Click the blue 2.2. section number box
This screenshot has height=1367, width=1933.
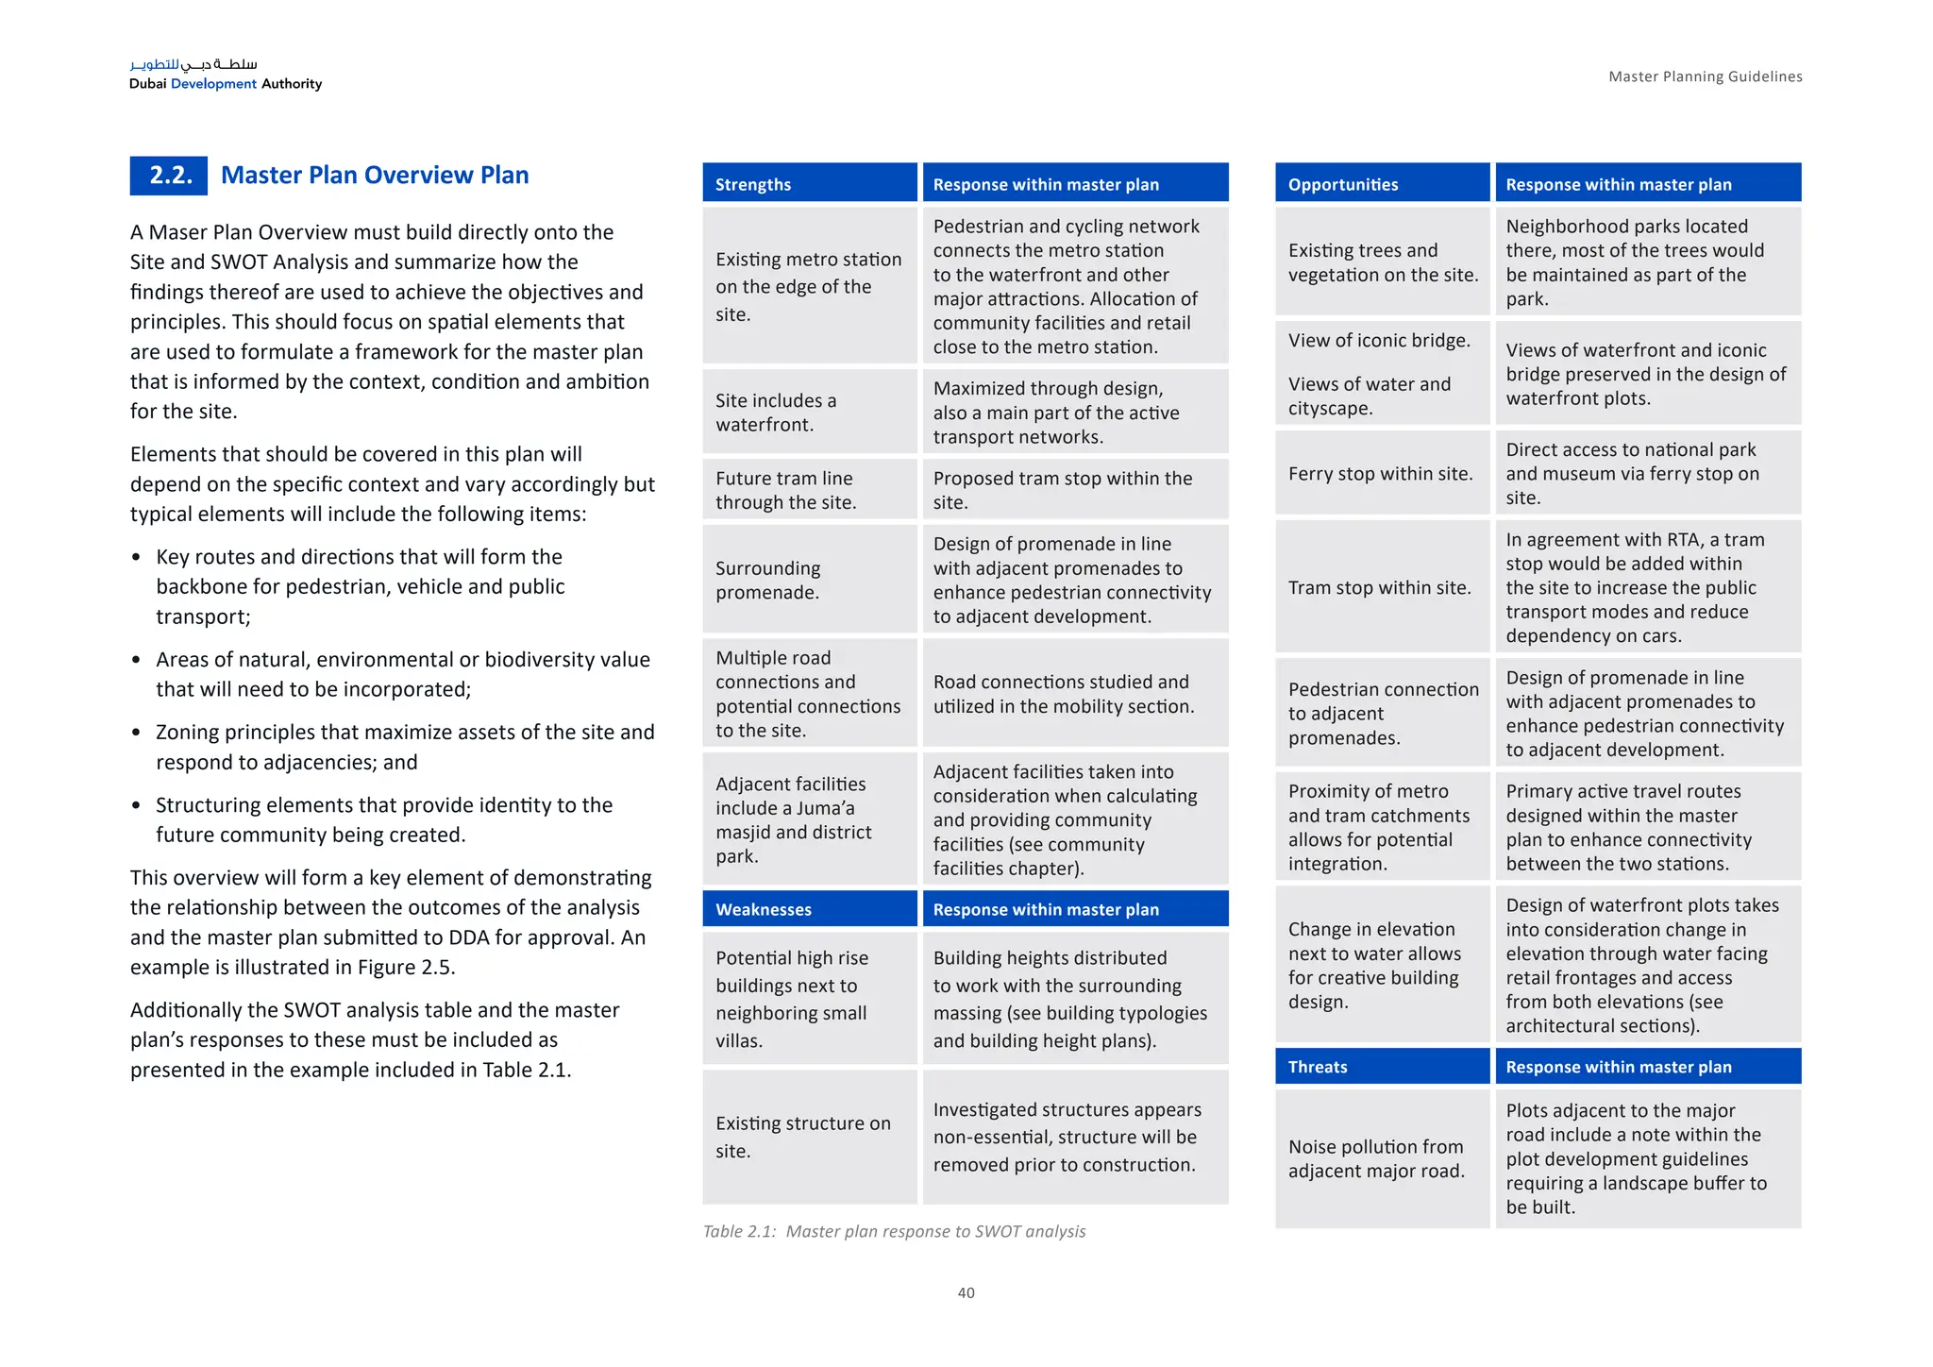click(x=169, y=176)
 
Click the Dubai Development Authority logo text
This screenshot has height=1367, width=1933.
click(x=226, y=83)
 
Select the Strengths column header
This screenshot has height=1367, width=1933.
click(x=809, y=184)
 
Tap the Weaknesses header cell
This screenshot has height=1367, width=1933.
click(x=809, y=909)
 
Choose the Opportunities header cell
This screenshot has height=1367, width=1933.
click(x=1382, y=184)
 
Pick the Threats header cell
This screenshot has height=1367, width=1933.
click(x=1382, y=1067)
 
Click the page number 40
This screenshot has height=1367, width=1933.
click(x=966, y=1292)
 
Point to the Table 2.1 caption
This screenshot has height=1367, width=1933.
click(x=894, y=1231)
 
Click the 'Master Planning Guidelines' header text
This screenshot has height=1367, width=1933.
click(x=1705, y=76)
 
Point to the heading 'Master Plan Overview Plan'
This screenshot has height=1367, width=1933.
click(x=375, y=176)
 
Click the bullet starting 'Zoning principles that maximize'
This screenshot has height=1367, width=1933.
click(x=404, y=747)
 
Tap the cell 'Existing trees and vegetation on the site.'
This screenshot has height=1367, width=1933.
click(x=1382, y=262)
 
